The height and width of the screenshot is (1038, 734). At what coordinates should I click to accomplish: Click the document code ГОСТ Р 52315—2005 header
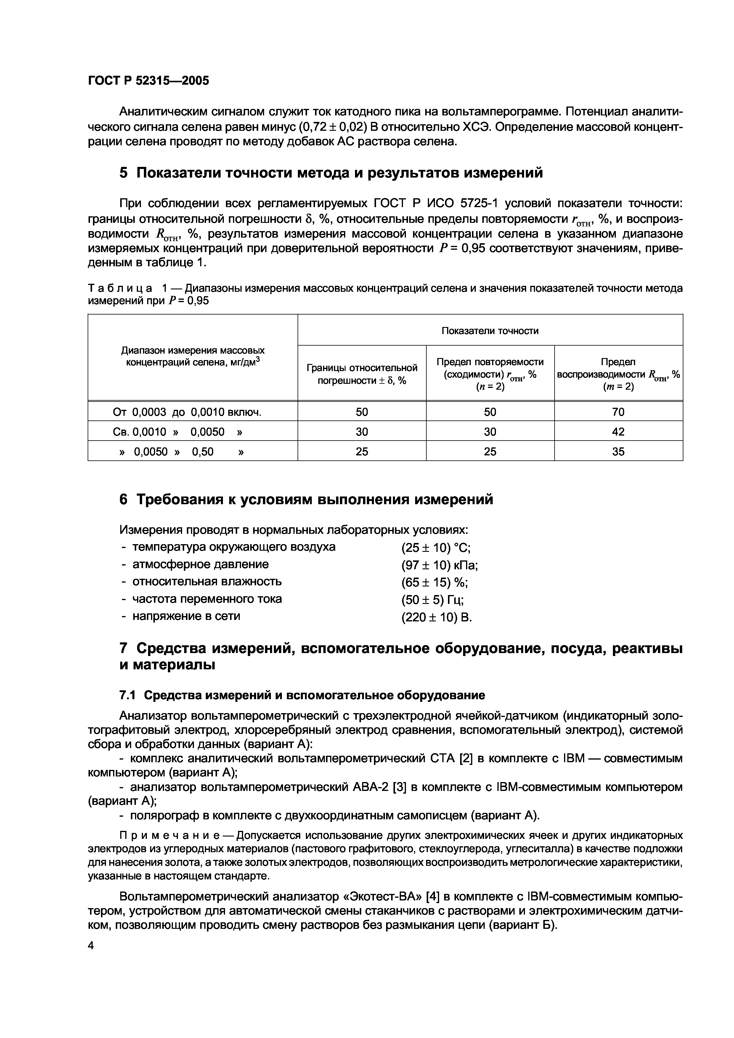(x=148, y=81)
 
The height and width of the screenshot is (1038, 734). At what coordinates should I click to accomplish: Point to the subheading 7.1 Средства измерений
(x=302, y=694)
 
